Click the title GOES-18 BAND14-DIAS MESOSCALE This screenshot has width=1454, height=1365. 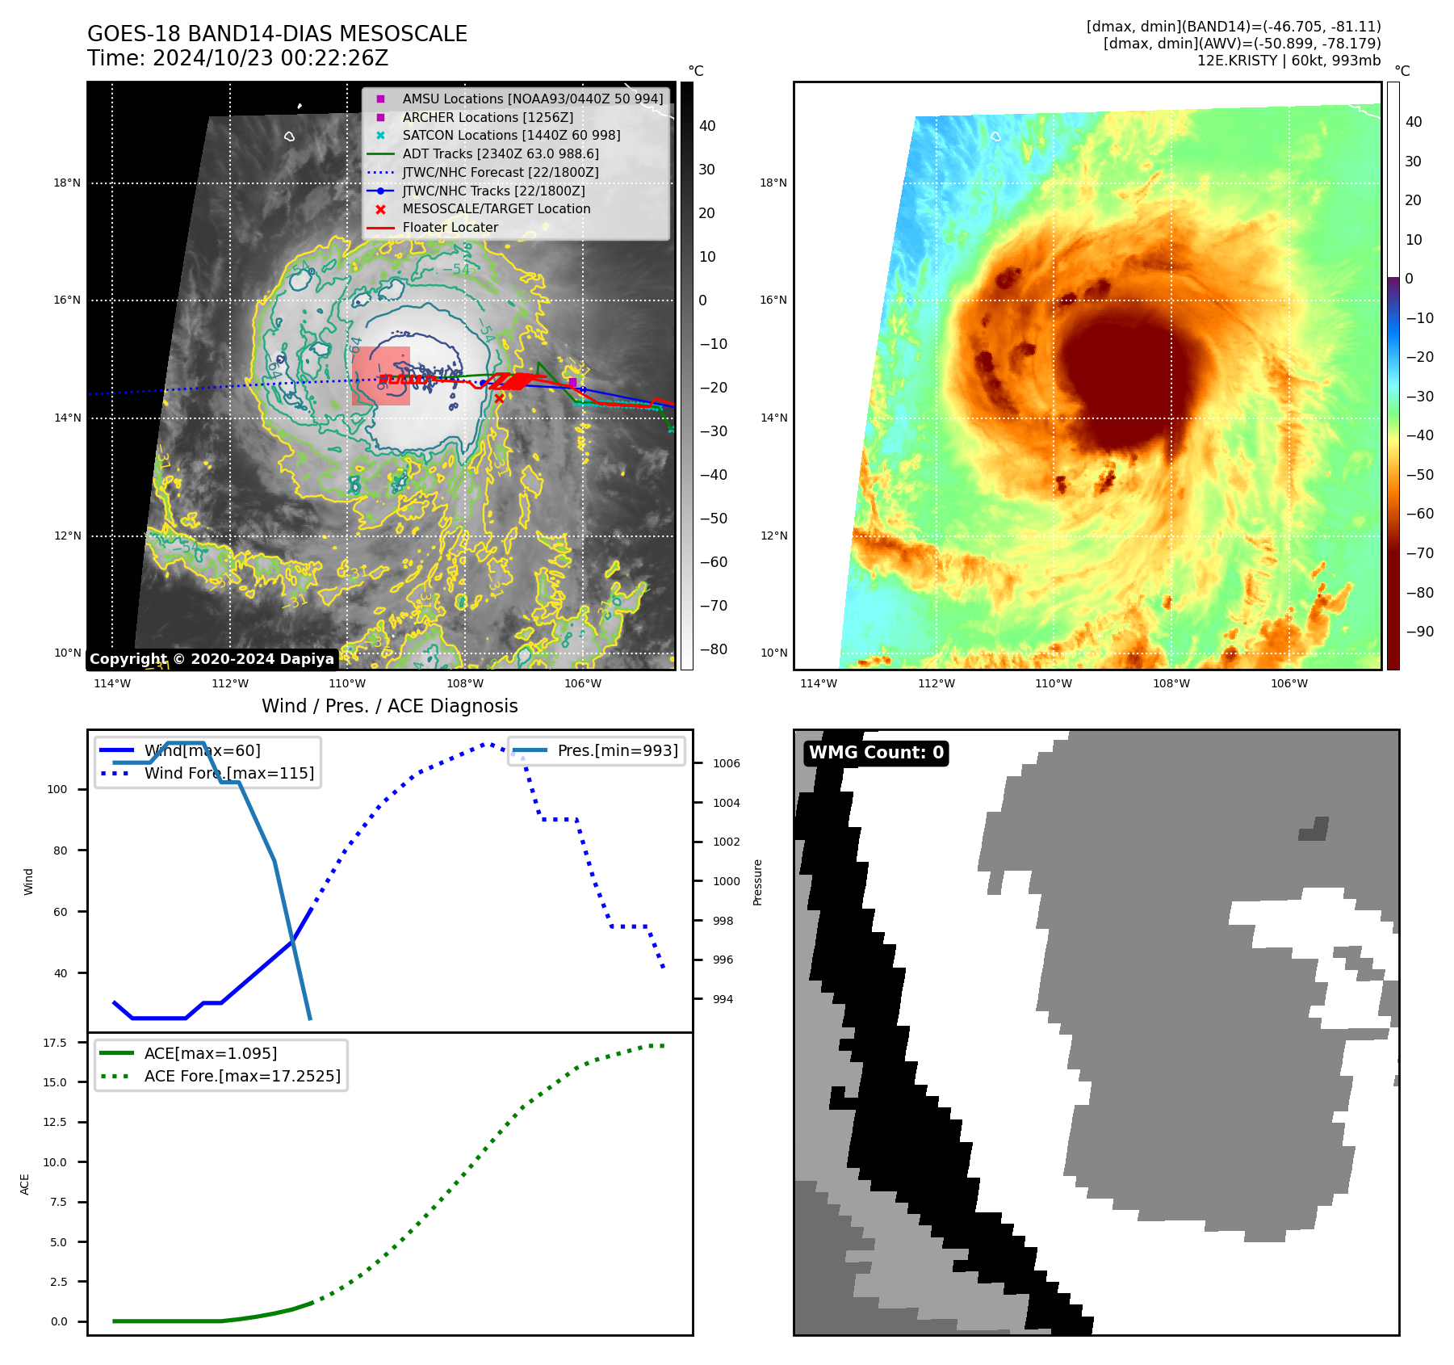(x=277, y=34)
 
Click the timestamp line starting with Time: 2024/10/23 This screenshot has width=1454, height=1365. (x=237, y=58)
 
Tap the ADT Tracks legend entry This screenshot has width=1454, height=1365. (x=500, y=153)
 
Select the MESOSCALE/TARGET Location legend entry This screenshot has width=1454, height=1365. (x=496, y=208)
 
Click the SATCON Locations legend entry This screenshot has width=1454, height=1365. (x=511, y=135)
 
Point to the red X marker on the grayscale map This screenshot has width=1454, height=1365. (x=499, y=398)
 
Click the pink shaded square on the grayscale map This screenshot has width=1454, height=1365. (x=381, y=376)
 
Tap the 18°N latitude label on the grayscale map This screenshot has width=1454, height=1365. (x=67, y=183)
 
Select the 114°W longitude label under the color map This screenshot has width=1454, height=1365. (x=818, y=683)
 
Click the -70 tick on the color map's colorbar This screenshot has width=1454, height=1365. (x=1419, y=553)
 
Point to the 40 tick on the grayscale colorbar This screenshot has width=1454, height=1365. (x=707, y=126)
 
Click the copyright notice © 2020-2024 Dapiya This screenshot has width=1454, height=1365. (x=212, y=659)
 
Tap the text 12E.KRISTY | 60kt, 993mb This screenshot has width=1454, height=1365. (x=1288, y=61)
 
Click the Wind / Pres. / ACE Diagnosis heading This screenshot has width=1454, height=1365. (x=389, y=706)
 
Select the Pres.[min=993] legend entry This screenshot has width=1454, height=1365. (x=617, y=750)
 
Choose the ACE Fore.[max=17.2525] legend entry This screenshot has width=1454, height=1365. (x=241, y=1076)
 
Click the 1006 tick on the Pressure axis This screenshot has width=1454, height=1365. (x=726, y=763)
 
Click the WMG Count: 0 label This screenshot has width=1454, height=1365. (x=876, y=753)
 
